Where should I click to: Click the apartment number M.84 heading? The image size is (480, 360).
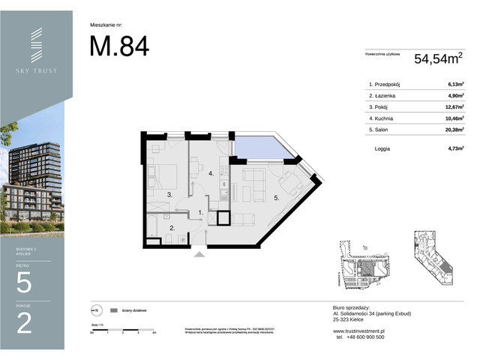(x=118, y=46)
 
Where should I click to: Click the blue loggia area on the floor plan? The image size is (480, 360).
(x=265, y=150)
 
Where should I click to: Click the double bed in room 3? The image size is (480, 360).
(x=163, y=175)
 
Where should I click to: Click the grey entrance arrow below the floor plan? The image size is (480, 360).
(x=199, y=255)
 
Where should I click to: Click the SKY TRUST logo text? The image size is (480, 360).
(x=36, y=70)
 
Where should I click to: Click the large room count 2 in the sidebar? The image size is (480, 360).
(x=24, y=323)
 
